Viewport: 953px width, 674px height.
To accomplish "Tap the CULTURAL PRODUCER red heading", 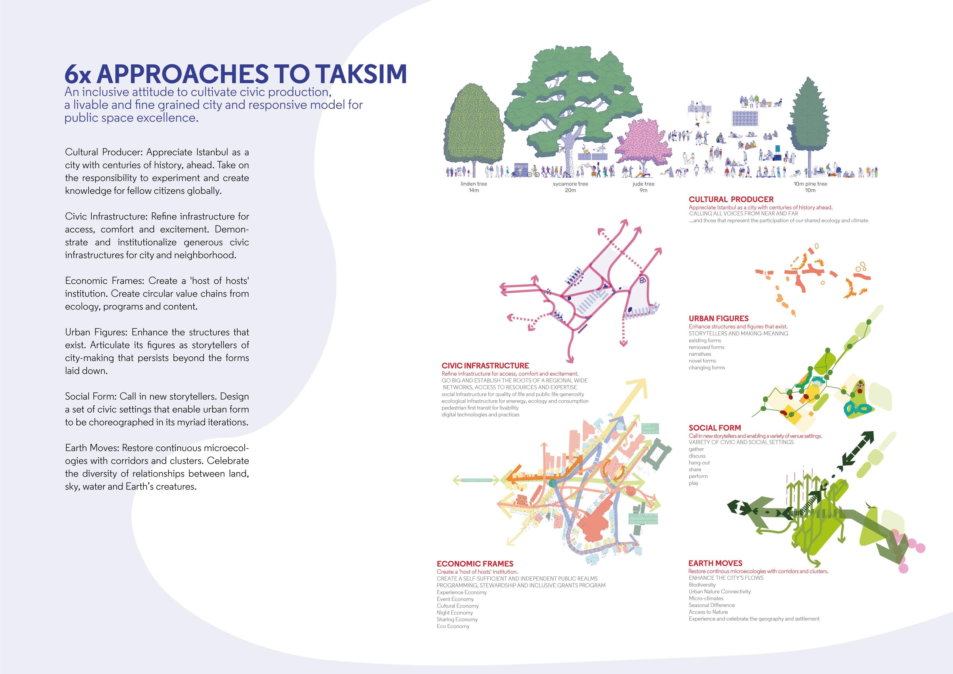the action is tap(731, 199).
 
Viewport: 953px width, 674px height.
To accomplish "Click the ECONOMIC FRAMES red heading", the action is tap(475, 563).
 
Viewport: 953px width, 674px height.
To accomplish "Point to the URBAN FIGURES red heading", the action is tap(719, 318).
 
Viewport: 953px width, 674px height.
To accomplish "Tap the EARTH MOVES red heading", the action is tap(715, 563).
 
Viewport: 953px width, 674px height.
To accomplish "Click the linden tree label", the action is tap(474, 184).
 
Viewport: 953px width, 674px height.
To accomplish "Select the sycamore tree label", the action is tap(570, 184).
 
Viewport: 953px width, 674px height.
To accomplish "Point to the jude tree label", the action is tap(643, 184).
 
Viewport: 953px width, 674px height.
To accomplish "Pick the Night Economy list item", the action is tap(454, 613).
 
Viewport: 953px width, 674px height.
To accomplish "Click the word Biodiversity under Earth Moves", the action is tap(702, 585).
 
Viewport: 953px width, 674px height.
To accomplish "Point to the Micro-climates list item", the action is tap(706, 598).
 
